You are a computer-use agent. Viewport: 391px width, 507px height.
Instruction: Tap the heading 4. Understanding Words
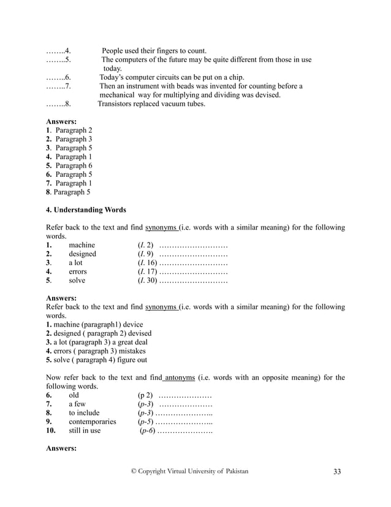pyautogui.click(x=86, y=209)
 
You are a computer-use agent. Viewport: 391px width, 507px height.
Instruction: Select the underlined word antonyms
pyautogui.click(x=181, y=377)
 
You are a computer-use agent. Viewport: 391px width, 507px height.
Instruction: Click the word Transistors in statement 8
pyautogui.click(x=118, y=104)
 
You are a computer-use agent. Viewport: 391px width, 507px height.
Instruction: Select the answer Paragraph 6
pyautogui.click(x=73, y=166)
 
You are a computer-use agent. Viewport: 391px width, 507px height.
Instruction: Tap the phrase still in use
pyautogui.click(x=85, y=431)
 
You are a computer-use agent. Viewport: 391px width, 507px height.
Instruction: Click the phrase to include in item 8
pyautogui.click(x=83, y=413)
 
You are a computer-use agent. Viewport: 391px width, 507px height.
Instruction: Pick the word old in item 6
pyautogui.click(x=74, y=395)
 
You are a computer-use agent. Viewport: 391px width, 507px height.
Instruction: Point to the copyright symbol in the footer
pyautogui.click(x=135, y=471)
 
